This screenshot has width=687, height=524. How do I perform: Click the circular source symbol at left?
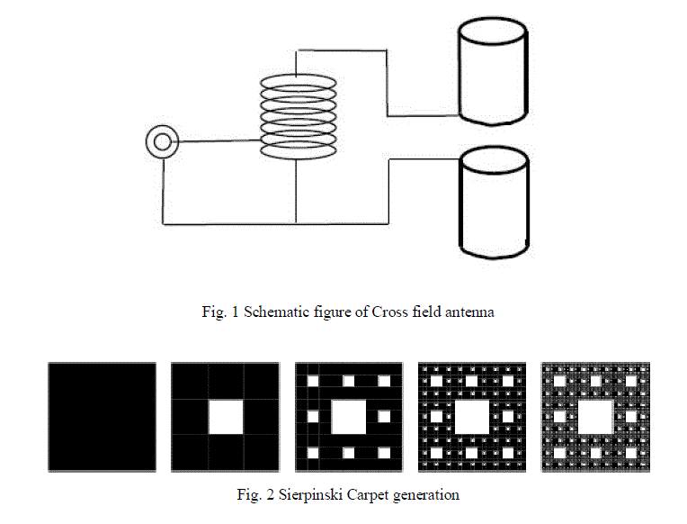click(x=162, y=142)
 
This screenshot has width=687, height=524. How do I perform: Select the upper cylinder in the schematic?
click(x=493, y=75)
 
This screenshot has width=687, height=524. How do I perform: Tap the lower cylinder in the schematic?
click(x=494, y=204)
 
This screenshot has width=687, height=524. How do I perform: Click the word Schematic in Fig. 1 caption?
click(x=269, y=312)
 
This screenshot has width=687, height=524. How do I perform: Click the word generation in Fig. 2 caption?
click(x=426, y=494)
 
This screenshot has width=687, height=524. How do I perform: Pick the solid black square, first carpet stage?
click(x=102, y=417)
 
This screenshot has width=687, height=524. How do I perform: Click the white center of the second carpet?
click(x=225, y=417)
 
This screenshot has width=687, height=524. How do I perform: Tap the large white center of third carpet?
click(x=348, y=417)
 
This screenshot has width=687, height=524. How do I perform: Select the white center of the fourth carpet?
click(x=471, y=417)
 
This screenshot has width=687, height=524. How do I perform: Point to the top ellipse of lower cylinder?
click(x=494, y=161)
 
